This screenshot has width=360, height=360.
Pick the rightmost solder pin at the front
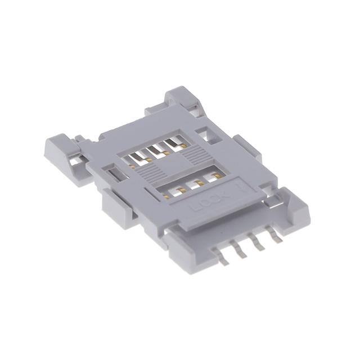pyautogui.click(x=276, y=236)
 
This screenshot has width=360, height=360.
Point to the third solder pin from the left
pyautogui.click(x=260, y=243)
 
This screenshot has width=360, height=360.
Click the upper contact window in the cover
pyautogui.click(x=152, y=152)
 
